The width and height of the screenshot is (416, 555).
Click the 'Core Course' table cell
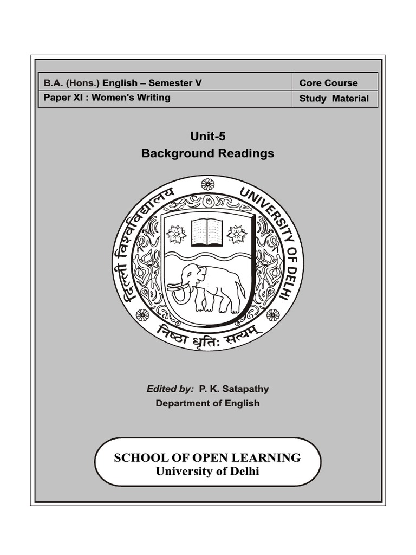coord(328,83)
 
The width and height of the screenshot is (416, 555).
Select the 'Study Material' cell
coord(334,99)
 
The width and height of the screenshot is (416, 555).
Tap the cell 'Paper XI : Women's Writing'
coord(107,98)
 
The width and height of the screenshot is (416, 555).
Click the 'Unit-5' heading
coord(207,136)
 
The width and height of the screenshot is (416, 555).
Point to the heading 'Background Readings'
coord(207,153)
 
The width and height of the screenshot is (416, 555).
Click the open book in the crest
coord(207,232)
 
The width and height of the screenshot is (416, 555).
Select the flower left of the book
coord(176,234)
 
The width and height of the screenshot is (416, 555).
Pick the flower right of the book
coord(237,234)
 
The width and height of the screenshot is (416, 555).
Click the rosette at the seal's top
coord(207,184)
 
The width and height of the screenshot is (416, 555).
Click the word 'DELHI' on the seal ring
coord(291,282)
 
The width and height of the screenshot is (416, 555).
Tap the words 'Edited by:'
coord(170,389)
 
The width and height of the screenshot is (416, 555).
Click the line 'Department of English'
coord(207,403)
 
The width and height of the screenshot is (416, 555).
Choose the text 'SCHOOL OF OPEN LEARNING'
coord(207,457)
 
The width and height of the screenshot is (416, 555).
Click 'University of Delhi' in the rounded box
coord(207,471)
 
